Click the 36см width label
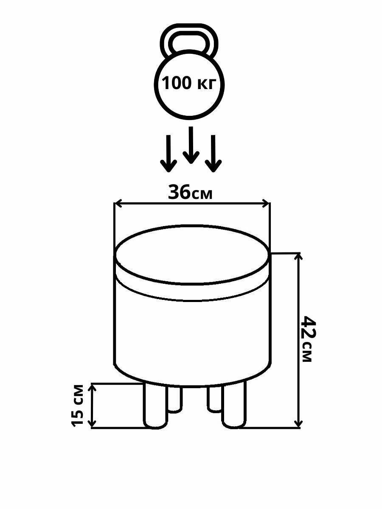pyautogui.click(x=190, y=193)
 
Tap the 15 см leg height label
pyautogui.click(x=78, y=406)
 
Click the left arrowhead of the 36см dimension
pyautogui.click(x=118, y=204)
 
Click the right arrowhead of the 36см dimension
pyautogui.click(x=266, y=204)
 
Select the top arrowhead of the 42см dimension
pyautogui.click(x=299, y=256)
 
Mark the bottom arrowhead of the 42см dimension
pyautogui.click(x=299, y=423)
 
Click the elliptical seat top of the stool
pyautogui.click(x=192, y=254)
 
